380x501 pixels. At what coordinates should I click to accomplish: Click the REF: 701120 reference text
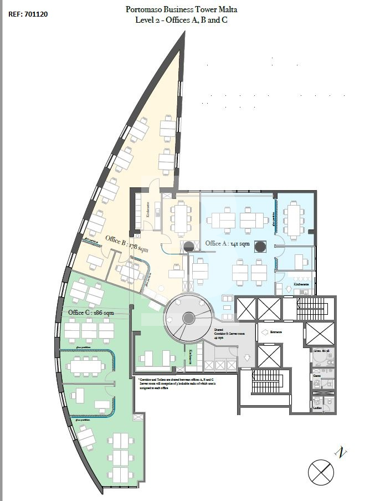[28, 14]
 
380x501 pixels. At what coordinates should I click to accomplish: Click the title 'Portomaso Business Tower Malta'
[181, 10]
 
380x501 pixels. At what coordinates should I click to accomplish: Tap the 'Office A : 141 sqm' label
[228, 243]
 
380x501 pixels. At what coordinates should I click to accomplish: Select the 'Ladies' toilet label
[317, 408]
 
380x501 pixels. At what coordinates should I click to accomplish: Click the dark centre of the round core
[188, 318]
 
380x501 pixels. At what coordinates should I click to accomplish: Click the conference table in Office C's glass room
[86, 365]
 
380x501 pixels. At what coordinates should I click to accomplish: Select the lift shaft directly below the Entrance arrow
[269, 355]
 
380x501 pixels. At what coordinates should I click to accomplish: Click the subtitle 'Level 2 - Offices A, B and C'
[181, 20]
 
